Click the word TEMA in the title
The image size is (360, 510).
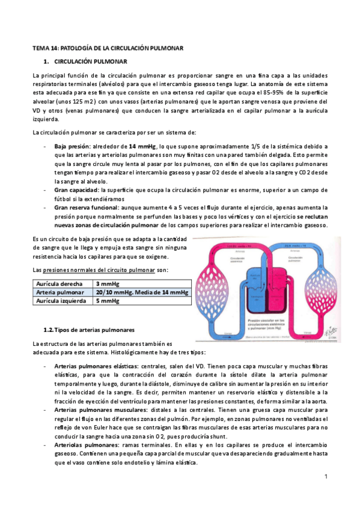pos(40,47)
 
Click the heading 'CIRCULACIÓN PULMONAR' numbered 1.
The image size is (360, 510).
pos(90,61)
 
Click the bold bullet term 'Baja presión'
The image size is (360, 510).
pos(72,146)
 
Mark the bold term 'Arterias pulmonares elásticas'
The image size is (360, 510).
pos(96,366)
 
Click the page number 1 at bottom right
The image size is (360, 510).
pos(325,476)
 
